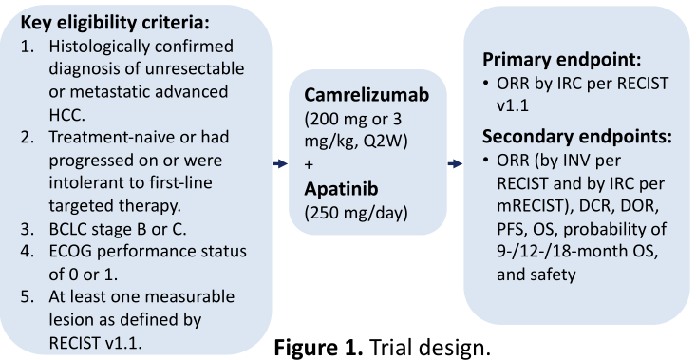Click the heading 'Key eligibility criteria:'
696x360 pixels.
[115, 23]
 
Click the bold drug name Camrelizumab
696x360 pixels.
[367, 95]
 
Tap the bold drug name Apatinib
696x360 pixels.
[341, 189]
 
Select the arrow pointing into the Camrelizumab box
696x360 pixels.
[280, 163]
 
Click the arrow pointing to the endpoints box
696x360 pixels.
[455, 163]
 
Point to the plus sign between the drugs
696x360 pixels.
[309, 164]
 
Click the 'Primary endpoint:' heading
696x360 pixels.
[562, 60]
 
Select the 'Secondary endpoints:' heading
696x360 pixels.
[577, 136]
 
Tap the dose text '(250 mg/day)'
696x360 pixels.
[356, 213]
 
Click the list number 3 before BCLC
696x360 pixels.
[28, 229]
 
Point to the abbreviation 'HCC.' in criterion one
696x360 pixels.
[67, 115]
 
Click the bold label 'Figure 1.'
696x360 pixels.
[319, 347]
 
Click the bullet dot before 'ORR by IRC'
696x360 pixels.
[486, 84]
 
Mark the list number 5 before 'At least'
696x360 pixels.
[28, 297]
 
